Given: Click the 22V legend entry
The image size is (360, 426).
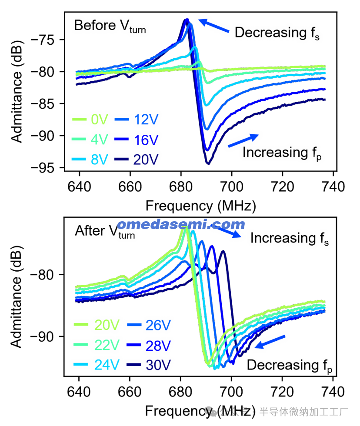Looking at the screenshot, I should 97,345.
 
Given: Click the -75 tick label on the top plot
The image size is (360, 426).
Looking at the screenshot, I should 43,40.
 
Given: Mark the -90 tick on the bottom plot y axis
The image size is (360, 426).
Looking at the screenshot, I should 43,337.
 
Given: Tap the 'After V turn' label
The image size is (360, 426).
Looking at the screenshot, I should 104,232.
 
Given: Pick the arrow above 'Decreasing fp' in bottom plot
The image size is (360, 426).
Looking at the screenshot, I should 270,342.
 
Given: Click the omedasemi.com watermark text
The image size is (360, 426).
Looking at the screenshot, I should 181,224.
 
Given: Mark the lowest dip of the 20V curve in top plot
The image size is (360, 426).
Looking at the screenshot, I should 208,164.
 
